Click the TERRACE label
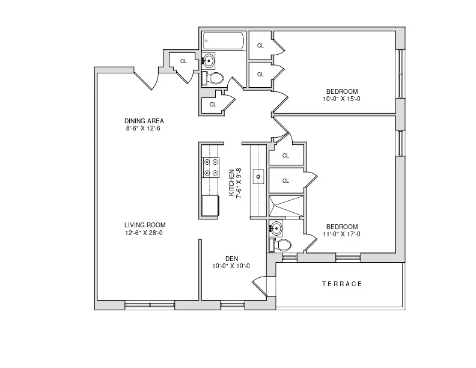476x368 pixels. [342, 284]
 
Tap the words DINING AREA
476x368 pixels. [144, 120]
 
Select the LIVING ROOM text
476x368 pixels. [145, 225]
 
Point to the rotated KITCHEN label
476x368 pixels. [231, 182]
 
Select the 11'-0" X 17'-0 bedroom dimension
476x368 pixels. [341, 234]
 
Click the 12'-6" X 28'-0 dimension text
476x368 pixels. [144, 233]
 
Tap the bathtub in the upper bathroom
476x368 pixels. [224, 41]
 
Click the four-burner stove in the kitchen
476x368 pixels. [211, 167]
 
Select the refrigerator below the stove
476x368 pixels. [211, 206]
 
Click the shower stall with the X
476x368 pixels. [286, 206]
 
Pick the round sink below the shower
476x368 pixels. [276, 228]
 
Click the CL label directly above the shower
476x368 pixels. [285, 180]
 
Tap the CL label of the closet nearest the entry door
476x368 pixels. [183, 61]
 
